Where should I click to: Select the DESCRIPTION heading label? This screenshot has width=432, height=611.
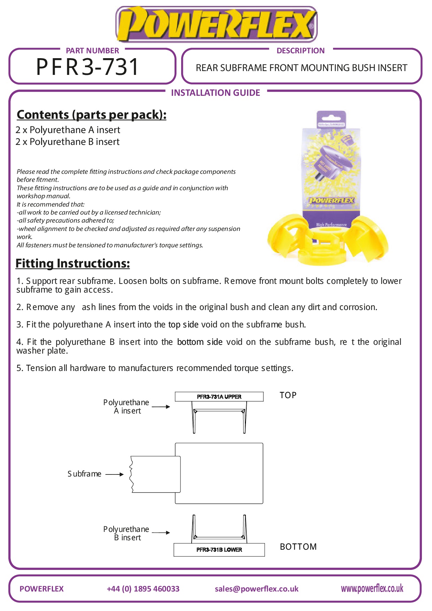pos(300,51)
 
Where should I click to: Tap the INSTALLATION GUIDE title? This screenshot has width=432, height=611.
pos(215,93)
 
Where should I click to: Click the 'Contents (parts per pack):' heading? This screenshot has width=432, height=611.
pos(91,115)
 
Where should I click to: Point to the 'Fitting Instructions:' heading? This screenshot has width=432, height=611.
pos(72,263)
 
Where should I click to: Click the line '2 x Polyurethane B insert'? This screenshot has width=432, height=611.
pos(67,142)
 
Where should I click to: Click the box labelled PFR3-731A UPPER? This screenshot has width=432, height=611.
pos(219,397)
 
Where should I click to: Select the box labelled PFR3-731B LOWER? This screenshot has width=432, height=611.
pos(219,550)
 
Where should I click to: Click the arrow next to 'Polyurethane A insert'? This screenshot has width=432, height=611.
pos(161,407)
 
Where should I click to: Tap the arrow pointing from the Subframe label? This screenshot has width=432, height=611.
pos(114,474)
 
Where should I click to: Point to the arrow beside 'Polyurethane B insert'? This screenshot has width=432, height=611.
pos(161,532)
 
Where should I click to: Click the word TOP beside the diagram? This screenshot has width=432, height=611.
pos(288,395)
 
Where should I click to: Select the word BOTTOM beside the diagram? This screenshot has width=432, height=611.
pos(298,547)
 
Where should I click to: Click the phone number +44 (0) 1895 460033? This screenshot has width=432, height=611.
pos(143,589)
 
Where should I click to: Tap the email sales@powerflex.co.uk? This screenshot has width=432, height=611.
pos(256,589)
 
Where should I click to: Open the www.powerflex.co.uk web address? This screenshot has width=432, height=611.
pos(372,588)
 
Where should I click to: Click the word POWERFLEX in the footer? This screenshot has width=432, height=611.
pos(41,589)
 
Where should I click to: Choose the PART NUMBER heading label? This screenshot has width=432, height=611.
pos(92,51)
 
